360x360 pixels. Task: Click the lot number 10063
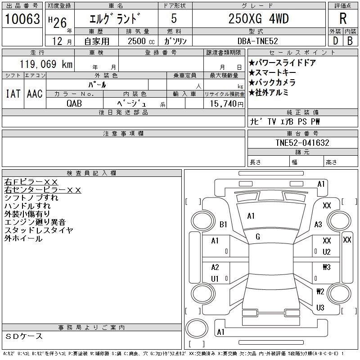pos(23,19)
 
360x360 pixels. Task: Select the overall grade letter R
pos(342,19)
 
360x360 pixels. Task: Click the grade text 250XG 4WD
pos(259,19)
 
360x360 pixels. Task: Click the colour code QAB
pos(75,103)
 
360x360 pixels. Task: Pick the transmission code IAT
pos(13,94)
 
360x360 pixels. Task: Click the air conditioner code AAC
pos(35,94)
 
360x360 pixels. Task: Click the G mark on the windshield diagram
pos(258,237)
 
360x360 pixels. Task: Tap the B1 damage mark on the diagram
pos(223,224)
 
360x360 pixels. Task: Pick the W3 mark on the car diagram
pos(327,267)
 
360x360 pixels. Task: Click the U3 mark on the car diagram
pos(320,308)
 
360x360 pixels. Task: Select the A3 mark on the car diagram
pos(318,225)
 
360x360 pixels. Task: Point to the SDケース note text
pos(25,336)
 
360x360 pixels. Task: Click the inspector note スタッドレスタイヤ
pos(39,230)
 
